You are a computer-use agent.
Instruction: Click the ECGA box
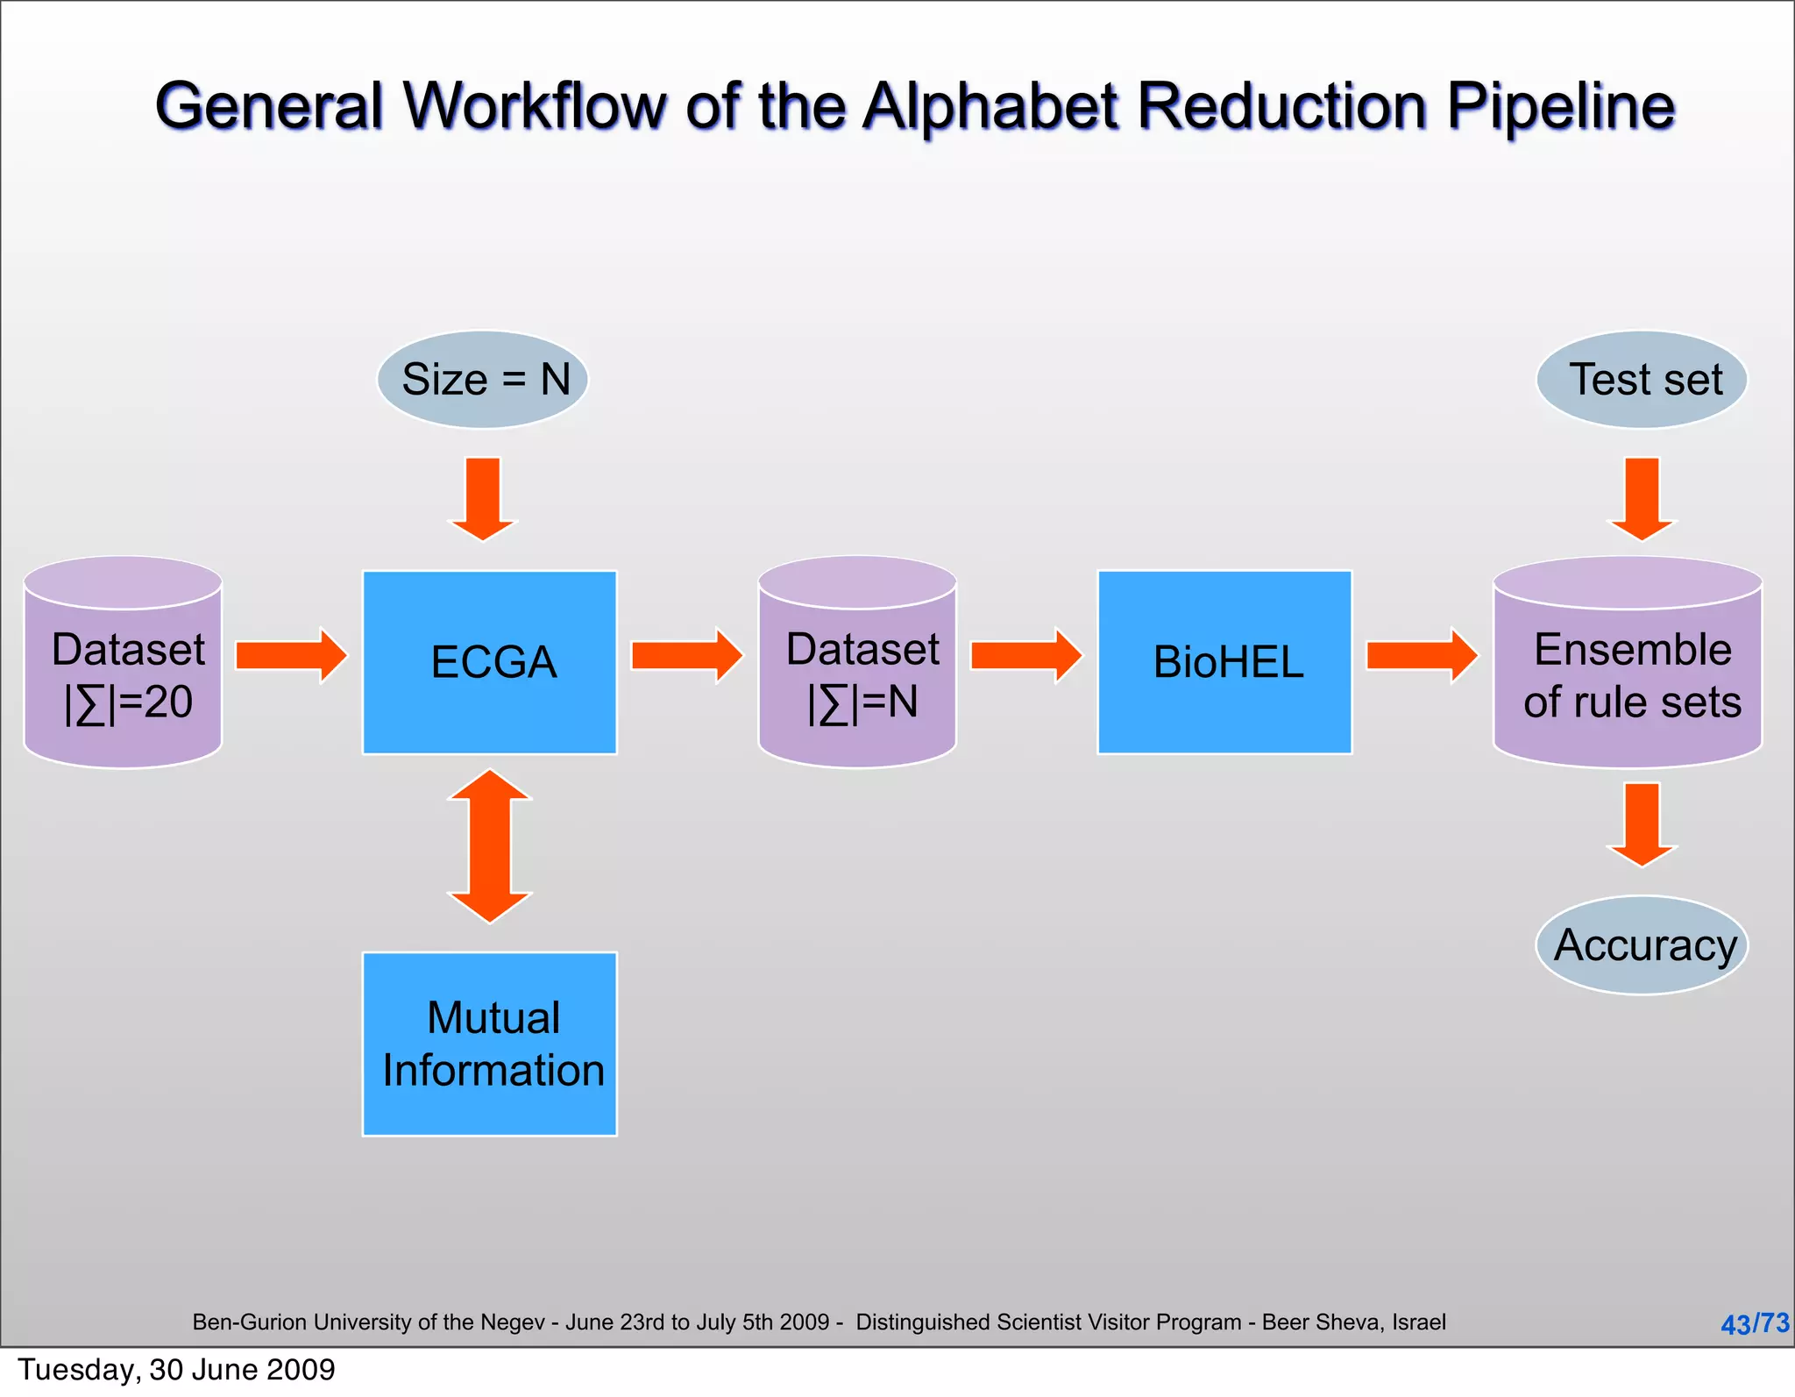[x=489, y=662]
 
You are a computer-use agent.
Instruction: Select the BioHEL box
[x=1224, y=662]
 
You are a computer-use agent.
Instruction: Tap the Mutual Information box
[x=489, y=1044]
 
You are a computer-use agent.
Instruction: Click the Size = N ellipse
[x=483, y=380]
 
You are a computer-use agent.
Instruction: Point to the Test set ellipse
[x=1642, y=380]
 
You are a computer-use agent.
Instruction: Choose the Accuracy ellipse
[x=1642, y=945]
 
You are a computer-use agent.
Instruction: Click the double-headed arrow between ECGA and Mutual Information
[x=489, y=846]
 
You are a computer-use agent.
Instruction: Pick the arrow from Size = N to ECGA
[x=483, y=497]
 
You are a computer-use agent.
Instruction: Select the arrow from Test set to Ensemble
[x=1642, y=497]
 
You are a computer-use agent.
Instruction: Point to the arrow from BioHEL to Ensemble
[x=1421, y=655]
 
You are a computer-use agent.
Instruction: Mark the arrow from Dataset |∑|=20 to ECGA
[x=290, y=655]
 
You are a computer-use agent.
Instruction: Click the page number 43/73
[x=1755, y=1323]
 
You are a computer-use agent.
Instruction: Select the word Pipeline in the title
[x=1560, y=107]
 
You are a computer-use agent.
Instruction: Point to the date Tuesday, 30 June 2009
[x=176, y=1370]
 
